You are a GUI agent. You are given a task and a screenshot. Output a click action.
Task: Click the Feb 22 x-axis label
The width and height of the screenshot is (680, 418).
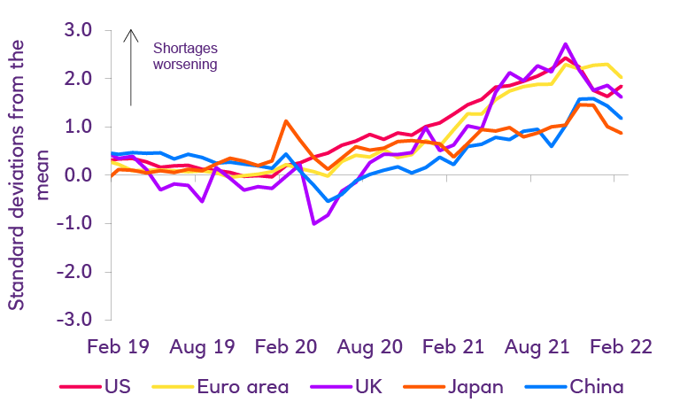tap(620, 346)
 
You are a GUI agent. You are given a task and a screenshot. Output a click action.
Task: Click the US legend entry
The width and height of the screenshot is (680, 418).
tap(115, 387)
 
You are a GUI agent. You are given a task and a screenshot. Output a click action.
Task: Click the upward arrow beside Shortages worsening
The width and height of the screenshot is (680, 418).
tap(131, 66)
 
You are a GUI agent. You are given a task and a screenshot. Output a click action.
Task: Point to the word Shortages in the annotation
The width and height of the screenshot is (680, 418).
tap(184, 48)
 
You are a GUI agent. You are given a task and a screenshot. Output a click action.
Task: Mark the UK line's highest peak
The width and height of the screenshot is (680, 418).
tap(566, 43)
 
